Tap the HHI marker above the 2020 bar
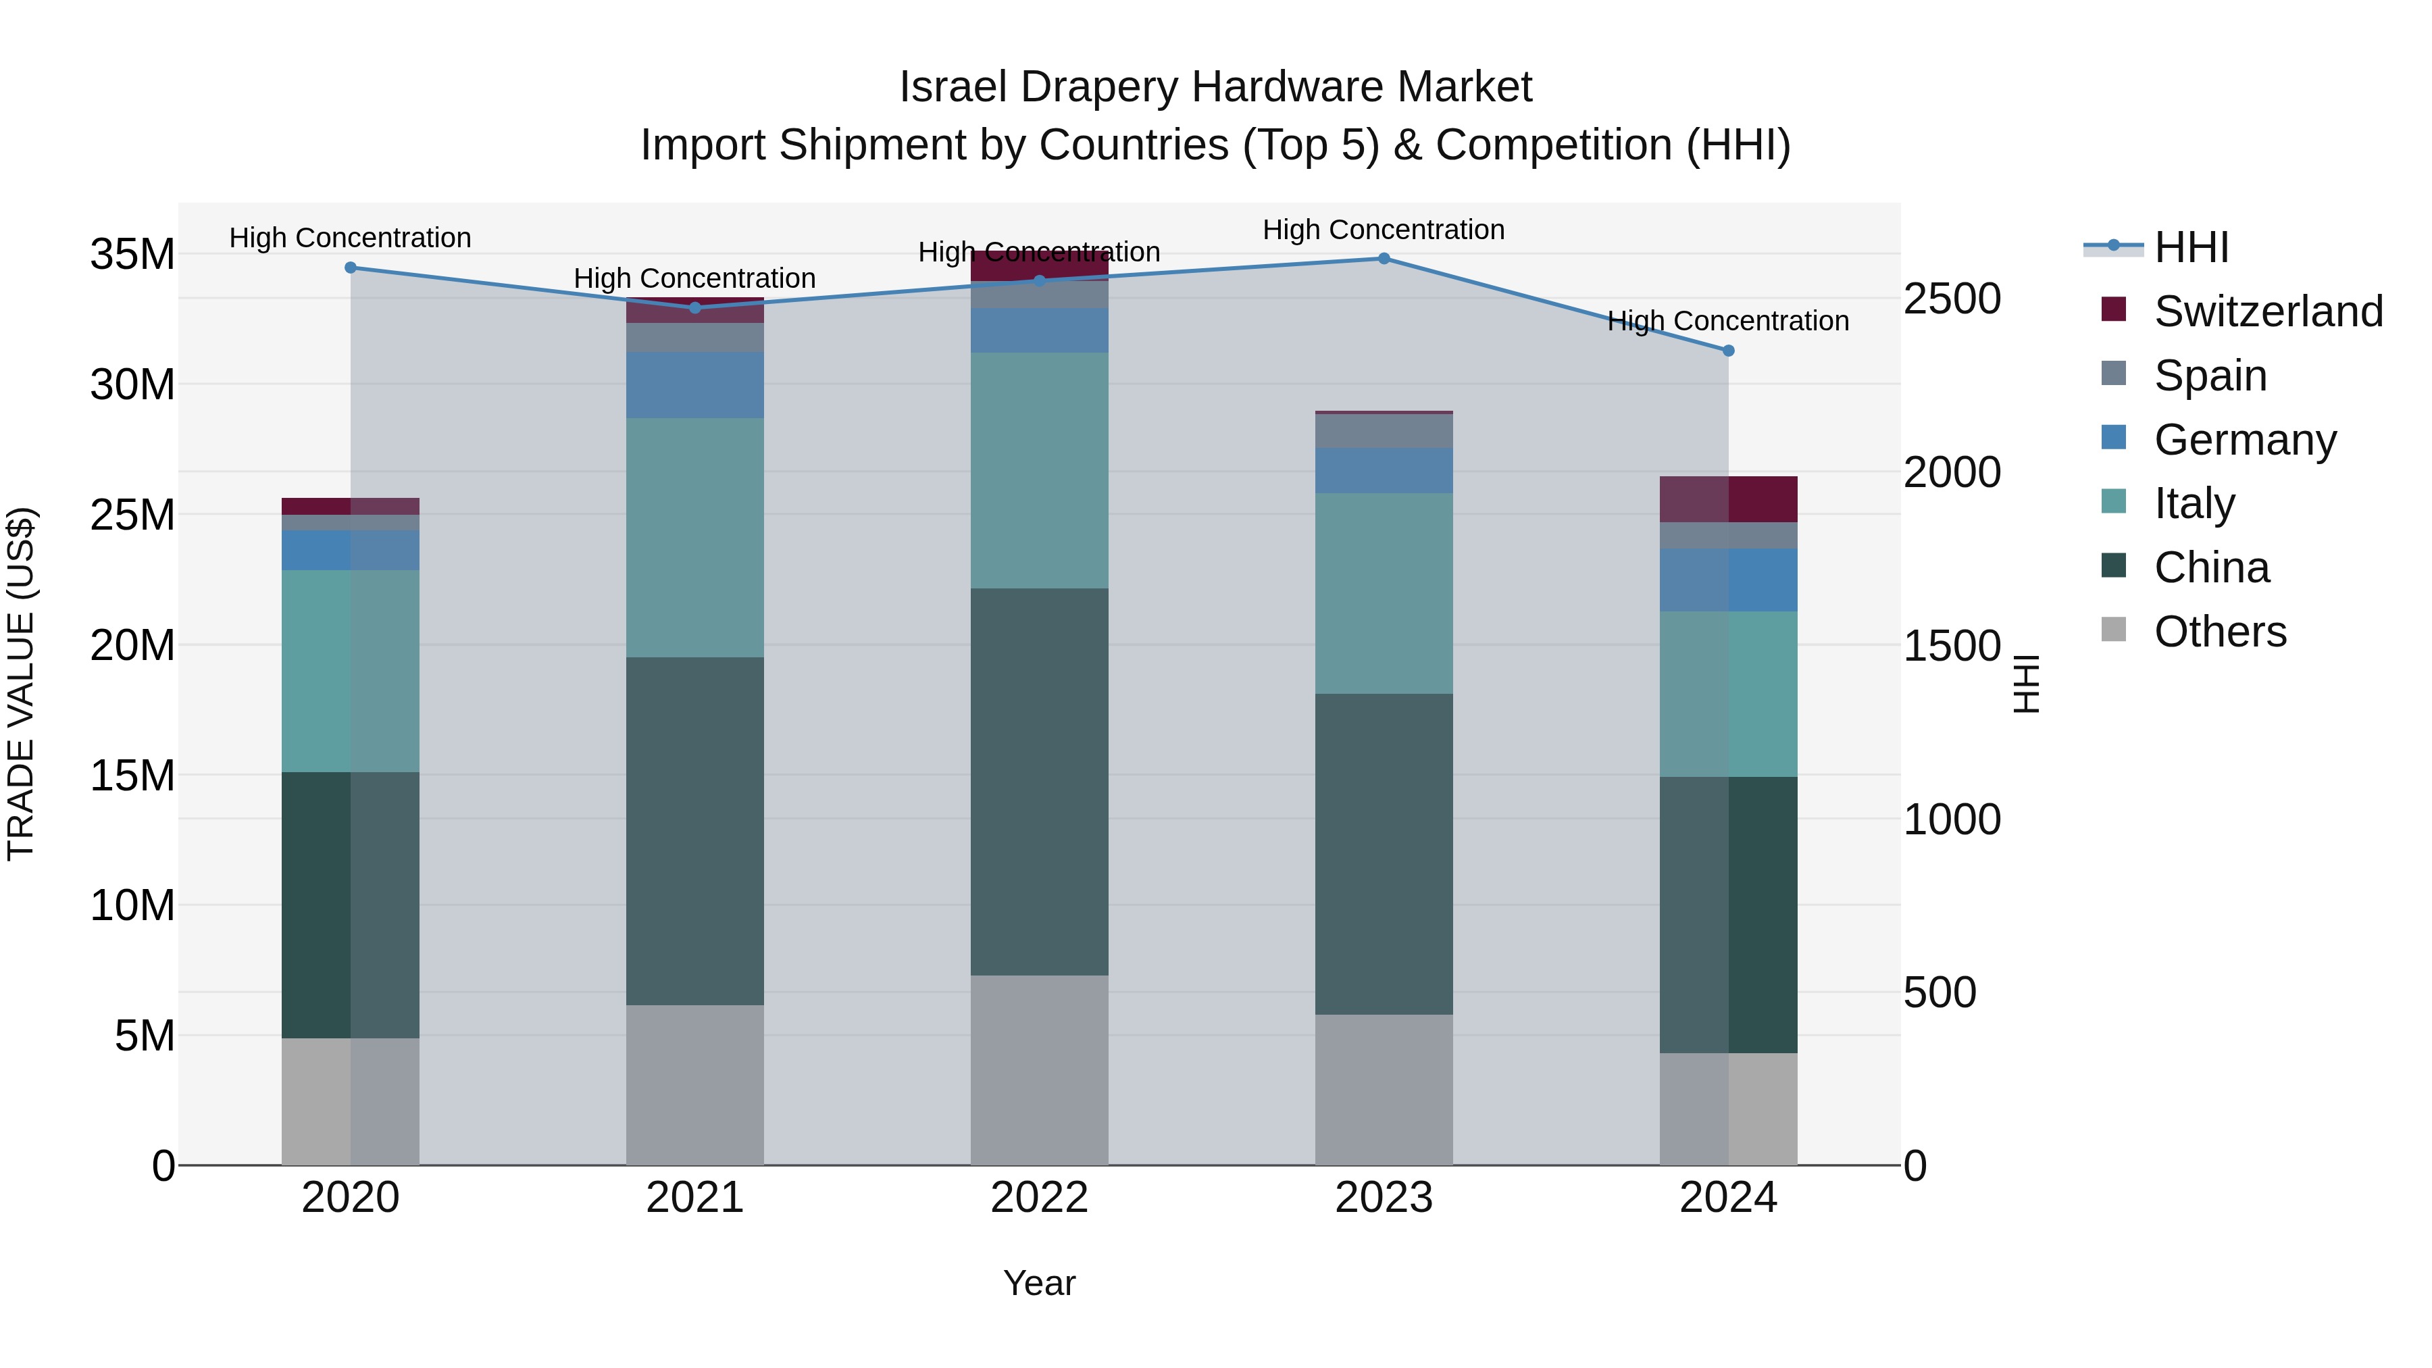click(350, 267)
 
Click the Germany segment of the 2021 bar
click(695, 385)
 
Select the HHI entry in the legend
click(2190, 247)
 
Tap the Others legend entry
click(2219, 632)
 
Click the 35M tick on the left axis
click(132, 255)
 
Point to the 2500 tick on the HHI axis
click(1952, 299)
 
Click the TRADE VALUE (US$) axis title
click(21, 684)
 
